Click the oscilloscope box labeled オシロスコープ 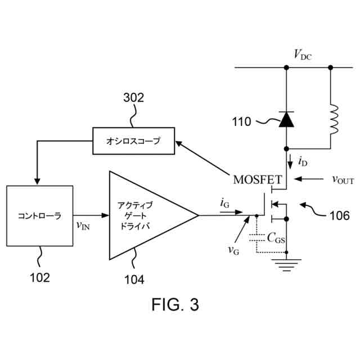coord(133,141)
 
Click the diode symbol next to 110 coord(286,119)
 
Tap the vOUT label coord(342,180)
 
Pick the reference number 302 coord(133,97)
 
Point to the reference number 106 coord(339,215)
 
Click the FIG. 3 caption coord(175,305)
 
